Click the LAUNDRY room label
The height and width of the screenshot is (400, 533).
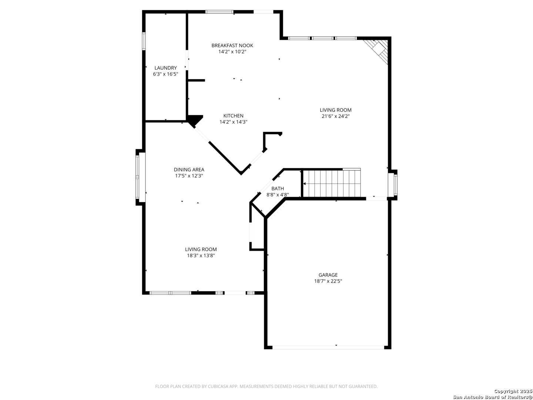(165, 68)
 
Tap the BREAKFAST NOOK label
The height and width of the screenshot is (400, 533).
(232, 46)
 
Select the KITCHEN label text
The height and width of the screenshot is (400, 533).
(233, 116)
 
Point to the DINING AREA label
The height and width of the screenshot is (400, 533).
(189, 170)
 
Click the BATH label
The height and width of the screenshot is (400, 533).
(278, 189)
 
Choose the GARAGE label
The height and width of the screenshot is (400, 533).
(328, 275)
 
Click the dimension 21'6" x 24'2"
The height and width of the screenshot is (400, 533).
(336, 116)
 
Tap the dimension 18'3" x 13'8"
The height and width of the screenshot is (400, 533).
(201, 256)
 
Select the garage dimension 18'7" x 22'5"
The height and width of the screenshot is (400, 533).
(328, 281)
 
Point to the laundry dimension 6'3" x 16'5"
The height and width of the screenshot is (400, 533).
(165, 74)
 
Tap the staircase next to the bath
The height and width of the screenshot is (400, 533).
(332, 183)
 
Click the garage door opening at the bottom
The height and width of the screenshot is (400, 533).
(328, 347)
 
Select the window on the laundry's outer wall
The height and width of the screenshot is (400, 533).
(144, 41)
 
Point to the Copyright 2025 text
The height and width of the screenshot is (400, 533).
(513, 391)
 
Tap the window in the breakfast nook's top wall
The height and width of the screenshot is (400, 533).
(219, 11)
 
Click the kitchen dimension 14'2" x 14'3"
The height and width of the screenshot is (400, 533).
(233, 122)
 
